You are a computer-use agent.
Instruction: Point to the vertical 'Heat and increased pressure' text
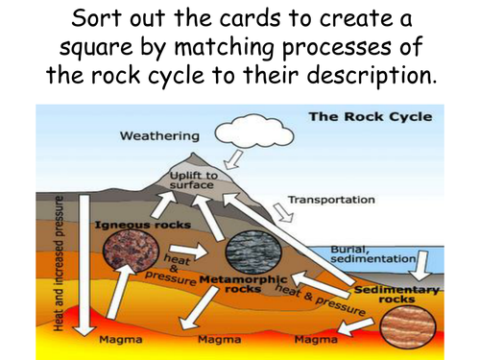[60, 264]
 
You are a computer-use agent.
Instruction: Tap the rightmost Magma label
[314, 339]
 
